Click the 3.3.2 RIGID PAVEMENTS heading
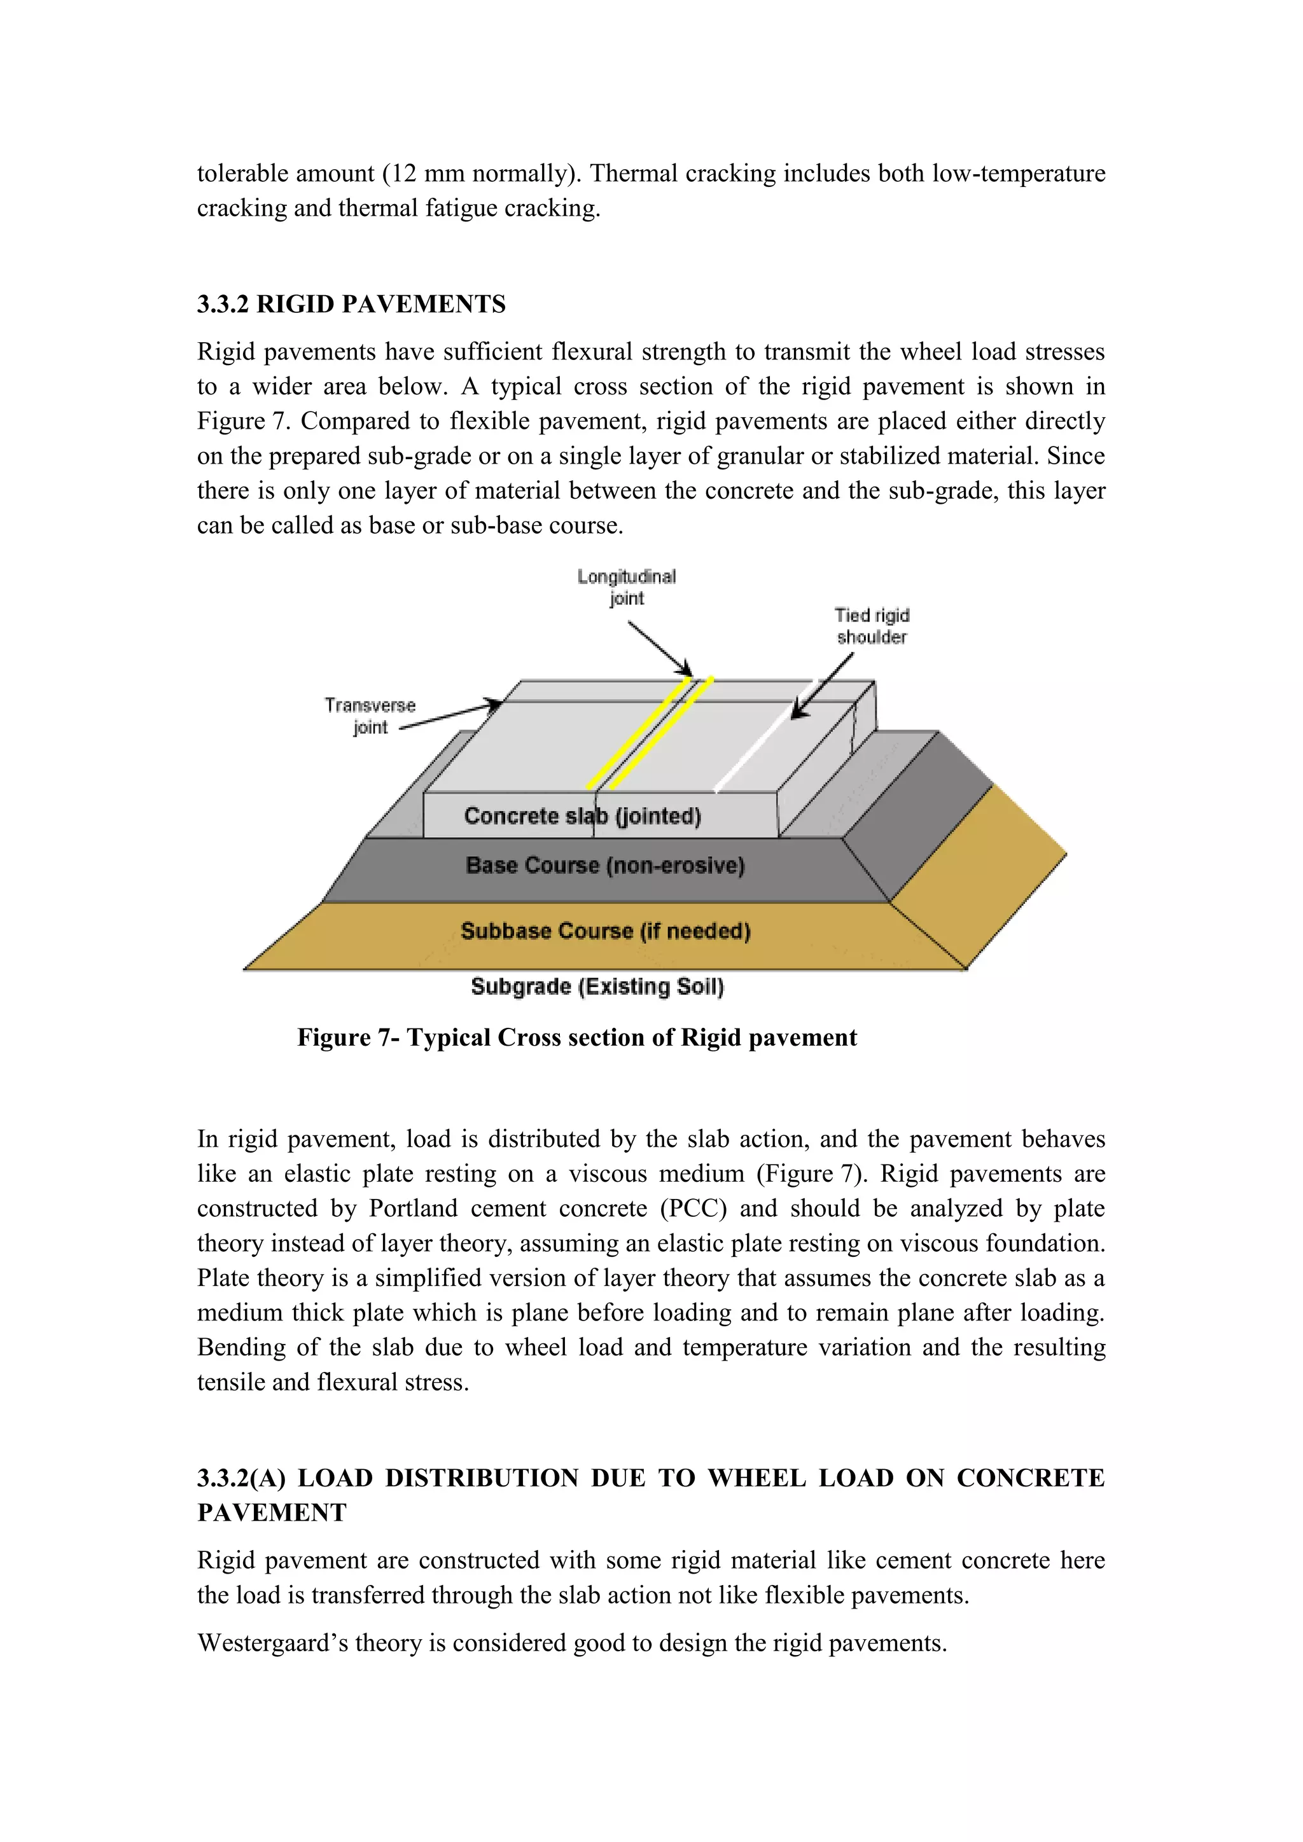(x=351, y=304)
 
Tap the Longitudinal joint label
(x=627, y=586)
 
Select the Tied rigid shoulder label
(x=872, y=626)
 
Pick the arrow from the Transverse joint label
(x=449, y=716)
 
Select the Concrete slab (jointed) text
(x=583, y=816)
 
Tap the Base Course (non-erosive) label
(x=605, y=865)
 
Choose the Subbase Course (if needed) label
(x=605, y=931)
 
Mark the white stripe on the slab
(x=762, y=738)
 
